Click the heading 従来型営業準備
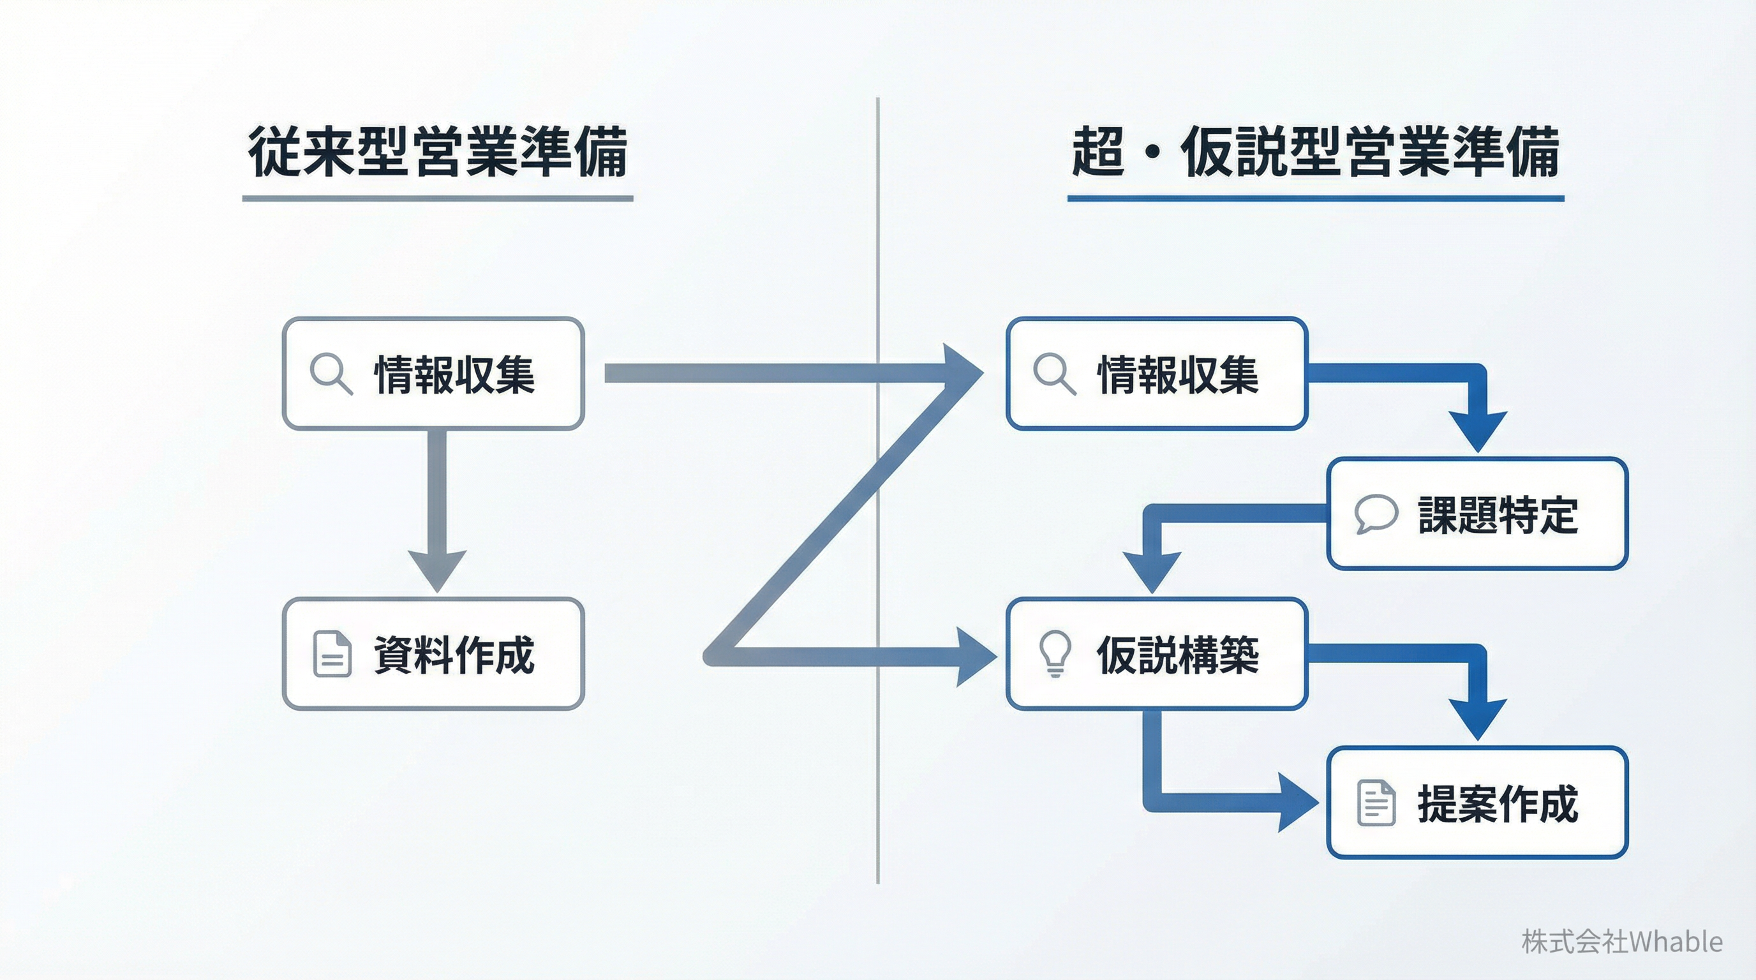click(438, 151)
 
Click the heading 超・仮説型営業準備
click(1315, 151)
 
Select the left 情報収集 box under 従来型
click(433, 373)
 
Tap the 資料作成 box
click(433, 654)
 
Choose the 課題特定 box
click(1477, 514)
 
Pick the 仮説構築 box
click(1157, 654)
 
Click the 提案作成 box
click(1477, 803)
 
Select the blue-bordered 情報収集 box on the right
click(1157, 373)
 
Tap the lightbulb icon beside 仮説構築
click(1055, 653)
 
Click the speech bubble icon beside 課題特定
click(1376, 513)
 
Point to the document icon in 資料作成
click(332, 654)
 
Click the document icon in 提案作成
click(1376, 803)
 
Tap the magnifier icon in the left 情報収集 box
click(331, 373)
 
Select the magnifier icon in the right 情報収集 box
click(1054, 373)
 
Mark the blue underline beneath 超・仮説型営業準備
click(1315, 198)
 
